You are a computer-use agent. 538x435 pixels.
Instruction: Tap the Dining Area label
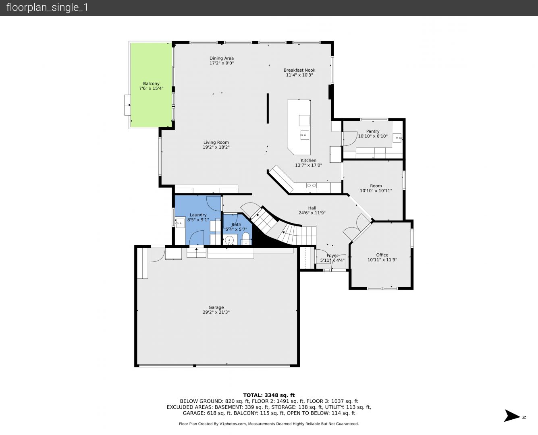point(222,58)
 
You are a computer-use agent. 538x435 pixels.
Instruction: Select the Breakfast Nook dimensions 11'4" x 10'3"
point(299,75)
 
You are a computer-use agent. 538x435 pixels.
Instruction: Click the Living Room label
point(216,143)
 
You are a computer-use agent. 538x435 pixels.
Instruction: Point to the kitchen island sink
point(305,135)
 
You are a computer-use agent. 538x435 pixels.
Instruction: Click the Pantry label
point(373,131)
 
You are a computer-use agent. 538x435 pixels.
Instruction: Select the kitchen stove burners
point(312,186)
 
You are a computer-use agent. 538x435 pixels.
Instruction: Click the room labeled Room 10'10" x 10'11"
point(376,188)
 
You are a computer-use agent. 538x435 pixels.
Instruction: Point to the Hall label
point(312,208)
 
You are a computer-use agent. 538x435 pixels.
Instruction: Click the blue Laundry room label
point(198,215)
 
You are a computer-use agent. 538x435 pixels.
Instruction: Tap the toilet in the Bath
point(245,239)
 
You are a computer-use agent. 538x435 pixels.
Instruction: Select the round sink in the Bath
point(229,240)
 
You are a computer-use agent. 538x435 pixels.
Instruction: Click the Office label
point(382,255)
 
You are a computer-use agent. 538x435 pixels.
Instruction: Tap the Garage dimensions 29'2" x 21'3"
point(216,312)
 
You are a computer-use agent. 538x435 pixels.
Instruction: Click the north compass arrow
point(512,416)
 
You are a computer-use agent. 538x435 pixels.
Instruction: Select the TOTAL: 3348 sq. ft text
point(269,395)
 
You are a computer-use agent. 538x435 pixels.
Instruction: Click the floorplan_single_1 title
point(47,8)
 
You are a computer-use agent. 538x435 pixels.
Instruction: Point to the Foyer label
point(332,255)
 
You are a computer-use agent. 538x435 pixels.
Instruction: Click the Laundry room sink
point(180,223)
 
